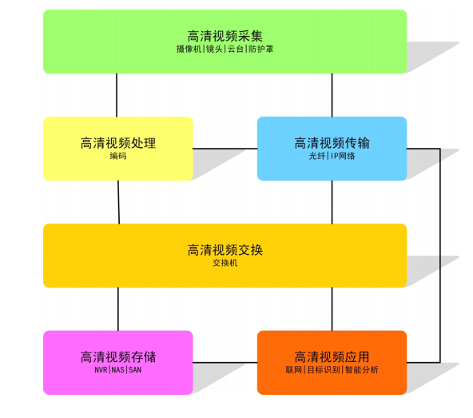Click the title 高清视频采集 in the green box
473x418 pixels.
tap(225, 36)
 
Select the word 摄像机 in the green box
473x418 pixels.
tap(189, 49)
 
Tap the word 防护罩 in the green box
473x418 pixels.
tap(261, 49)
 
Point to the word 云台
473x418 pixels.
tap(236, 49)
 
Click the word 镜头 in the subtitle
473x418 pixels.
tap(214, 49)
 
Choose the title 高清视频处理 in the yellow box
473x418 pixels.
tap(118, 143)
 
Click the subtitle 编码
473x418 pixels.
tap(118, 156)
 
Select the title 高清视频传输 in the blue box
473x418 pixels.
tap(332, 143)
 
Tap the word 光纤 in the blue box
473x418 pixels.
tap(317, 156)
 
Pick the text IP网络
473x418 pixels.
tap(343, 156)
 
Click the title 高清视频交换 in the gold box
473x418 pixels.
tap(225, 250)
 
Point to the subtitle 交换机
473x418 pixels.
tap(225, 263)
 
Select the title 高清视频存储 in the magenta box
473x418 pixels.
tap(118, 357)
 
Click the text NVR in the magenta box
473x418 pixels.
tap(101, 370)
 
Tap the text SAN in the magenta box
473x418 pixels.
tap(135, 370)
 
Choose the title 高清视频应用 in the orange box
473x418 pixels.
tap(332, 357)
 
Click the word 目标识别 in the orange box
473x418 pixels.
tap(324, 370)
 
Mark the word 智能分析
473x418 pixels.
tap(362, 370)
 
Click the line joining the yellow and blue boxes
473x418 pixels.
tap(225, 149)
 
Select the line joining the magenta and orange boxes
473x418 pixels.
tap(225, 363)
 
